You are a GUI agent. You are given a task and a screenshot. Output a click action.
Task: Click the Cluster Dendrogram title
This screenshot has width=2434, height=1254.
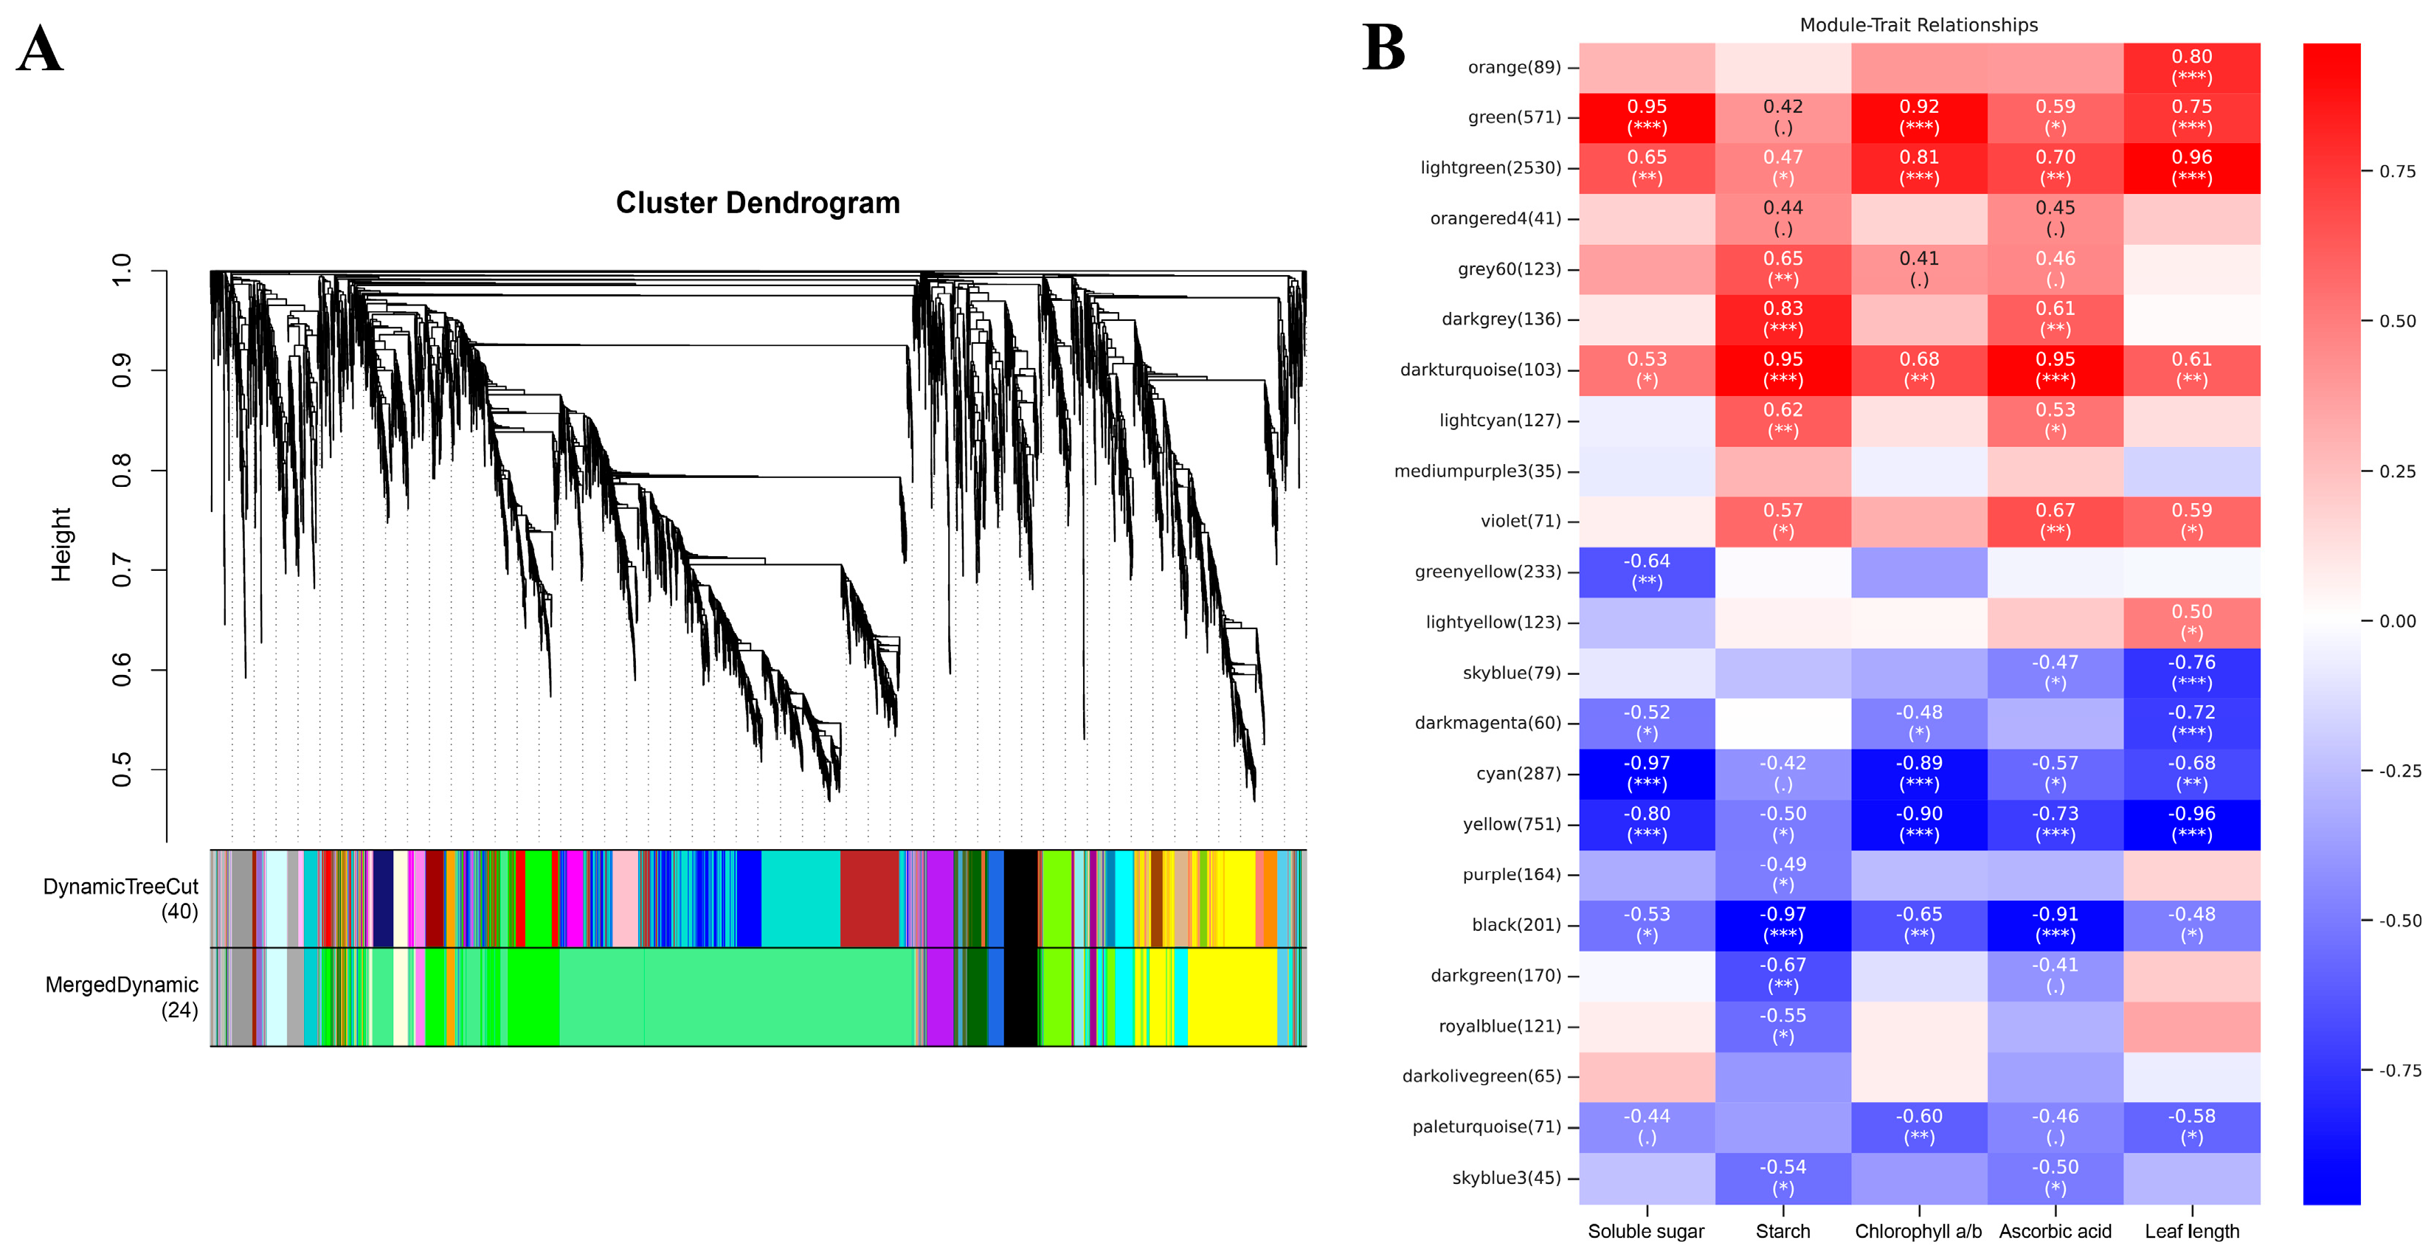[x=758, y=203]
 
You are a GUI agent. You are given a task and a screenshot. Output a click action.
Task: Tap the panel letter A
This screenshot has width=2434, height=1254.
[x=40, y=49]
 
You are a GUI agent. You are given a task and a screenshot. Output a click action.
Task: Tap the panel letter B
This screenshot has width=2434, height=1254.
[x=1383, y=49]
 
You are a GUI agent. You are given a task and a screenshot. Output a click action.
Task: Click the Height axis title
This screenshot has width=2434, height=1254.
[x=61, y=544]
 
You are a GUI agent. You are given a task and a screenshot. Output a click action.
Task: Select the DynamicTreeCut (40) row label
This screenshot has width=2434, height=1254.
[x=121, y=898]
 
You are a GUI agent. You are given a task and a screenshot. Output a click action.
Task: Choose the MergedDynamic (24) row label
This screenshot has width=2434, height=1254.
[x=122, y=997]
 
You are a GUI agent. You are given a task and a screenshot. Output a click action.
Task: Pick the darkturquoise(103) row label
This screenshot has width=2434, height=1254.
[x=1480, y=370]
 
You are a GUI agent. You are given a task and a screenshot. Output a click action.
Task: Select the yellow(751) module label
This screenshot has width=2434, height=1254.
[x=1512, y=824]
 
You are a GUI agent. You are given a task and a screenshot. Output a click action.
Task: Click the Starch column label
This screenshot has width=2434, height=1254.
[x=1783, y=1231]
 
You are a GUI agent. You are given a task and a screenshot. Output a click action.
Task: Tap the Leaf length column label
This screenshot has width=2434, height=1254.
[x=2191, y=1231]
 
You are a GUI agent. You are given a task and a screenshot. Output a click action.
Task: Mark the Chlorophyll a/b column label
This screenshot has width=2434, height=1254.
[x=1918, y=1231]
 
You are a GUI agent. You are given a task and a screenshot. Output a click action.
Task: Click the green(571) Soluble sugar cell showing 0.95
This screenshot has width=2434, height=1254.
[x=1647, y=117]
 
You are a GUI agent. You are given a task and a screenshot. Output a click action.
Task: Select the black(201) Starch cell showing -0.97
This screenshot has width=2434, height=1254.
[x=1783, y=924]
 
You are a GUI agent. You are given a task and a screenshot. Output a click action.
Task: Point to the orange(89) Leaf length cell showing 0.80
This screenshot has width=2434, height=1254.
[x=2191, y=66]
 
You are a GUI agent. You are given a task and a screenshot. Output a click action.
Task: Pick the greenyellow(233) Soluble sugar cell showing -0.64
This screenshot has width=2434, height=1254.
[x=1647, y=572]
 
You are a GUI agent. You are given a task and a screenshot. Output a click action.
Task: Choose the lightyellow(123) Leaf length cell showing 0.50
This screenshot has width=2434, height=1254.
[x=2191, y=622]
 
